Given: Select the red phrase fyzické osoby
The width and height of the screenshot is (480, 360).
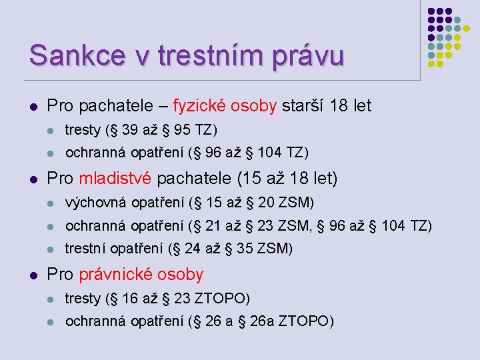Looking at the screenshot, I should pos(225,105).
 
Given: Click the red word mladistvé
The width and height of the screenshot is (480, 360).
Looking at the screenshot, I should pos(115,179).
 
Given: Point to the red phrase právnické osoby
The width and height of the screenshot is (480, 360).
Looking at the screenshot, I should pos(141,274).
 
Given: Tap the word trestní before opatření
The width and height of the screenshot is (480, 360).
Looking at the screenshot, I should pos(85,249).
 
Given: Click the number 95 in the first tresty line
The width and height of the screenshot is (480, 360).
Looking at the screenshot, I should pos(181,129).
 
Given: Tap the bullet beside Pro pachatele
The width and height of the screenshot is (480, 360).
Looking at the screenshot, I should pos(33,106).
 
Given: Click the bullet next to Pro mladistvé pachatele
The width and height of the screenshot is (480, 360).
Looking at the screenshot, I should pos(33,179).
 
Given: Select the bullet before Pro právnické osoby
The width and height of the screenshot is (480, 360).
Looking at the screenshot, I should pos(33,275).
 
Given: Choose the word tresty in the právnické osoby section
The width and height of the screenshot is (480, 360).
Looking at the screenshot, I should pos(83,297).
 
